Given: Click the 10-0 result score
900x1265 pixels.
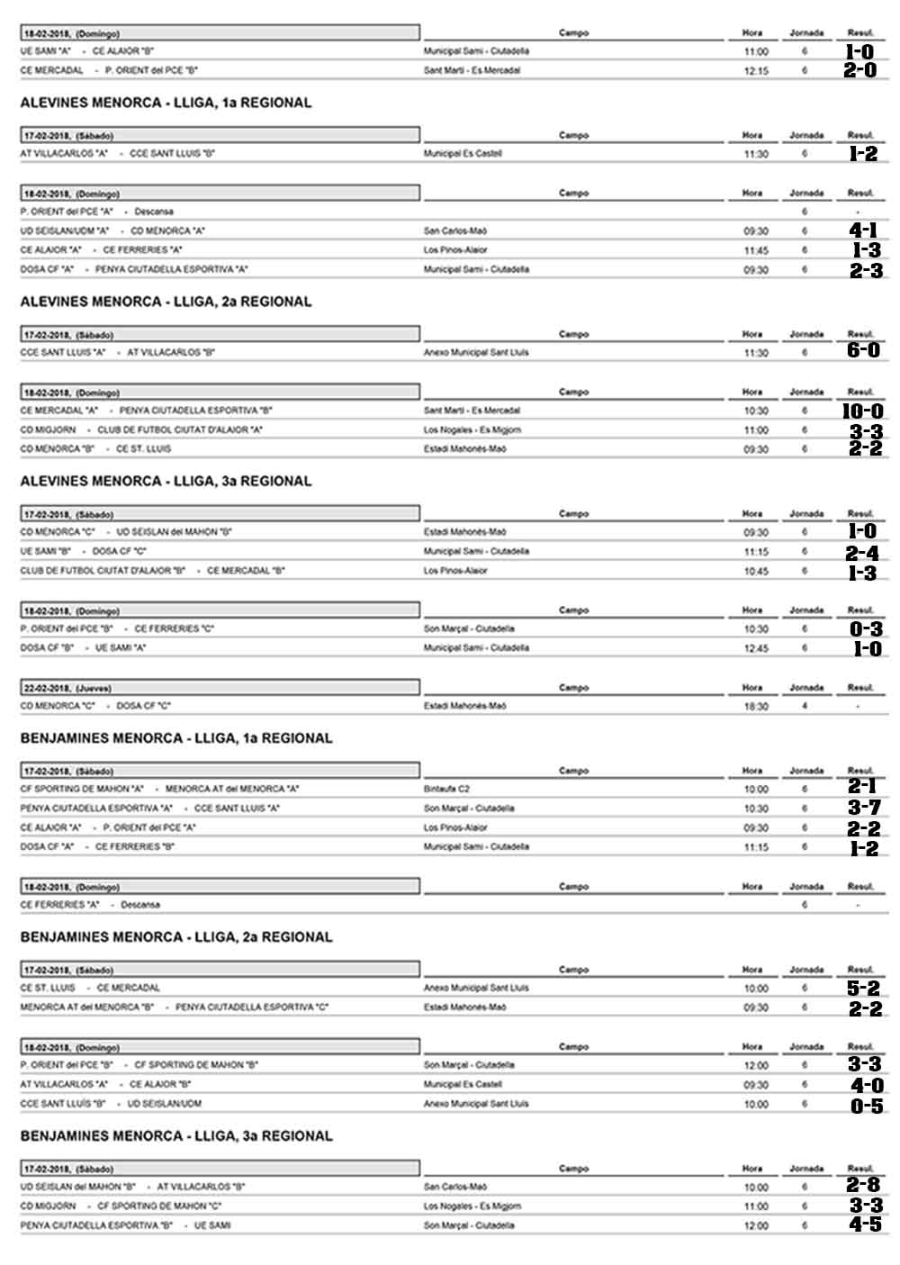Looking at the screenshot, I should click(862, 411).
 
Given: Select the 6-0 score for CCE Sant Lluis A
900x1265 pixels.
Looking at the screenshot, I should click(863, 351).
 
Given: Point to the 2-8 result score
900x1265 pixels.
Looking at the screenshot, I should click(863, 1186).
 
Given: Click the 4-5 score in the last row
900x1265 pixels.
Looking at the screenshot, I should click(864, 1225).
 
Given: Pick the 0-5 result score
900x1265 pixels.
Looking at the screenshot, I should click(866, 1106).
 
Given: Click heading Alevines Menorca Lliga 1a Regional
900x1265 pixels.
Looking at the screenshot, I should click(166, 103).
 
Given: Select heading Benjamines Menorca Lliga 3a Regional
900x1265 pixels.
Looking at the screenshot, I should click(176, 1136).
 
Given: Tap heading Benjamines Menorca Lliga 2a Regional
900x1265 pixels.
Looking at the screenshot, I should click(176, 937).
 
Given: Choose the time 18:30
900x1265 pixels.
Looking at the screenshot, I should click(756, 707).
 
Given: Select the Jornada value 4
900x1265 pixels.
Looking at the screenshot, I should click(805, 706).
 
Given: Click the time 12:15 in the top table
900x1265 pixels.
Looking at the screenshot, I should click(756, 70).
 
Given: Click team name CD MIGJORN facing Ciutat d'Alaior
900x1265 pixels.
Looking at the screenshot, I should click(48, 429).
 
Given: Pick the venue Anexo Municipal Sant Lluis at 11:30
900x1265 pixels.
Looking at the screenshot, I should click(476, 353).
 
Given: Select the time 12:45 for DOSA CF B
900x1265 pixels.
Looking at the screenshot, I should click(756, 648).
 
